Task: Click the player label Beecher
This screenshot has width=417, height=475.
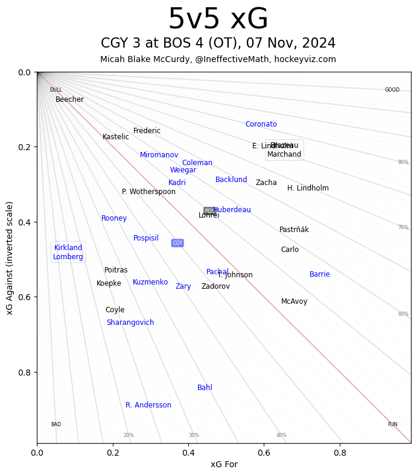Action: [69, 99]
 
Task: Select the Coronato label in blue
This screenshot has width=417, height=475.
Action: [261, 124]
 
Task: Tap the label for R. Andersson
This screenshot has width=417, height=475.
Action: [148, 405]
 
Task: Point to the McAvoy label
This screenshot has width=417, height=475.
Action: [294, 301]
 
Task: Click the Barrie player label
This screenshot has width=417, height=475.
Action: [319, 274]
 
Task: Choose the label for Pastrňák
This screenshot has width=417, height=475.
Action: [294, 230]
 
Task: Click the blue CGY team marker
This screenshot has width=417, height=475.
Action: [177, 243]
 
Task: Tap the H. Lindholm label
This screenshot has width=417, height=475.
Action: [308, 188]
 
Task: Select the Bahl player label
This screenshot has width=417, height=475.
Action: [205, 388]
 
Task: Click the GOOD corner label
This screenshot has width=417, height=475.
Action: [392, 90]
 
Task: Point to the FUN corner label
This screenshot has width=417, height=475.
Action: [392, 424]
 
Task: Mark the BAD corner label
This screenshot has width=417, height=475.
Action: [56, 424]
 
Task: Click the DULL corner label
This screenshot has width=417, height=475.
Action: [56, 90]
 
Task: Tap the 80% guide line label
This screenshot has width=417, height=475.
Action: [403, 162]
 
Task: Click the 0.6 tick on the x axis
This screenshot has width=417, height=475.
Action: [264, 451]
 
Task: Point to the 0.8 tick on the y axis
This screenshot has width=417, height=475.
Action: [22, 372]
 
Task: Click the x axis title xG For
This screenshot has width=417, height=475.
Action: [224, 464]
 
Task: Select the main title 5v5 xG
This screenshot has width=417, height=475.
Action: [218, 19]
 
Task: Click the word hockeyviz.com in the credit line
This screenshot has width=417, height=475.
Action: [308, 59]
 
